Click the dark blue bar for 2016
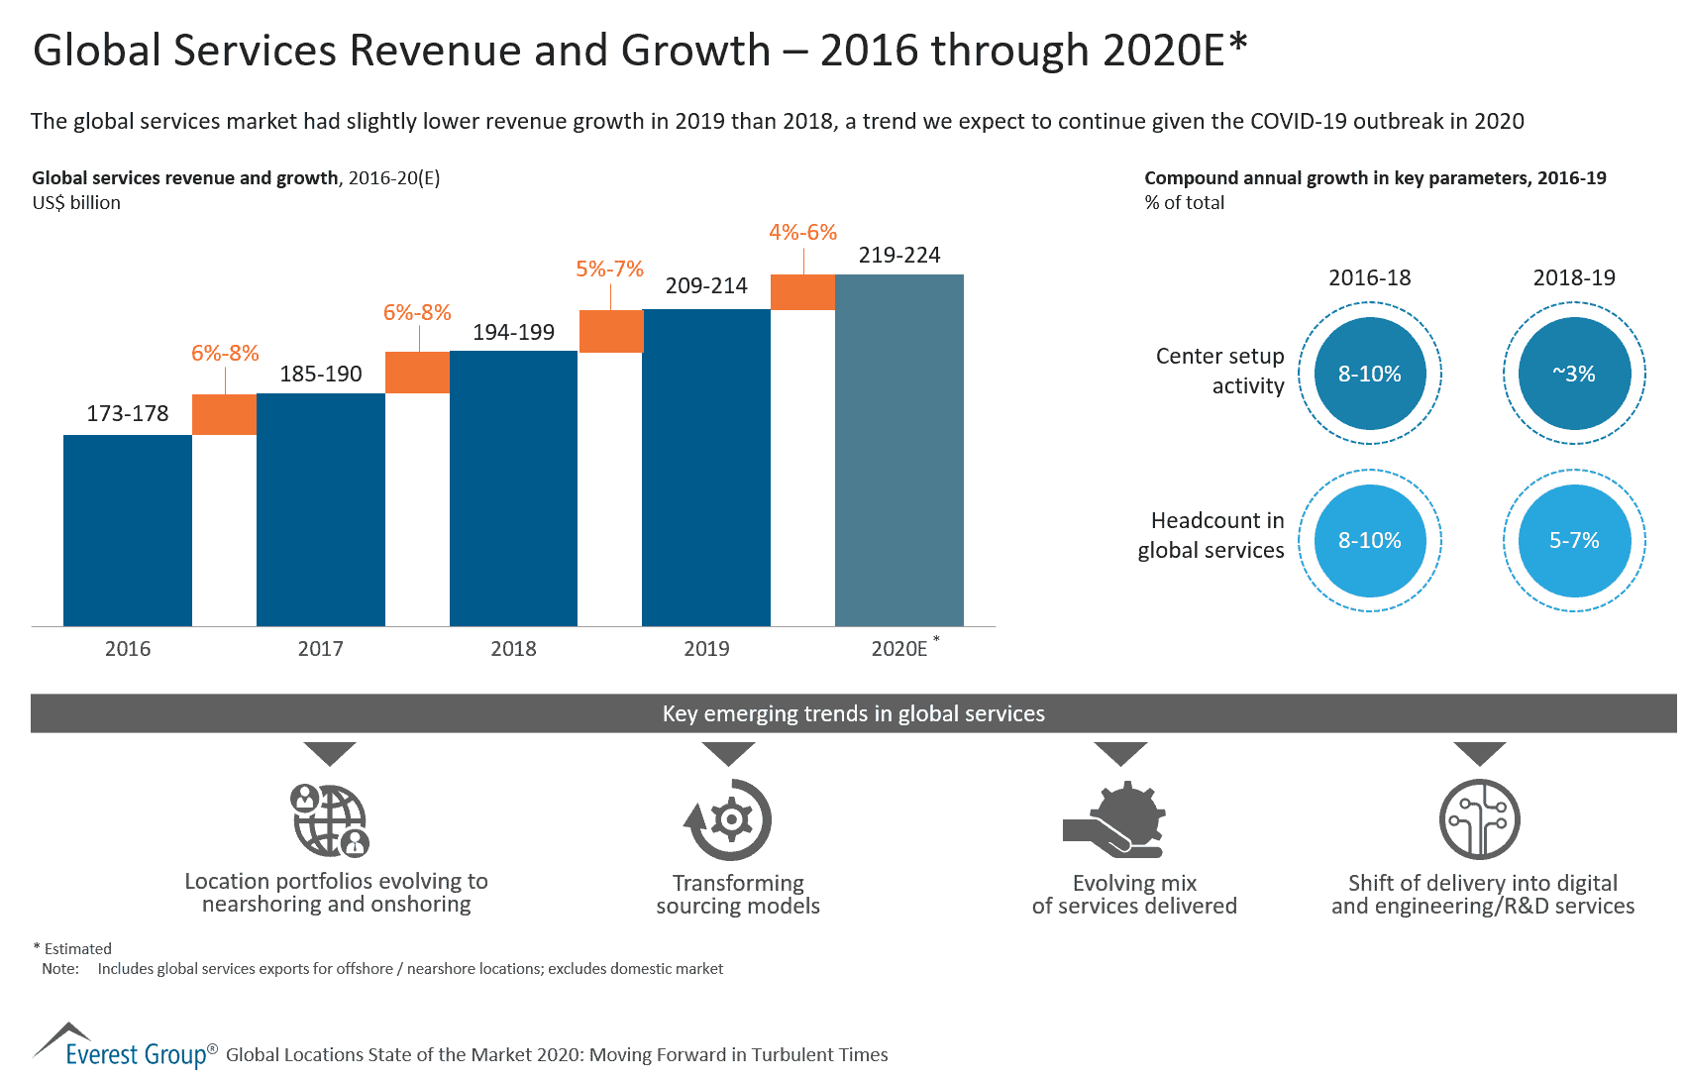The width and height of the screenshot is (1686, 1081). (128, 530)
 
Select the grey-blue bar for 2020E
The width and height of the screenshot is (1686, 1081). (898, 451)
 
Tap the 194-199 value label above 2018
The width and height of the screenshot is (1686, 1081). (513, 332)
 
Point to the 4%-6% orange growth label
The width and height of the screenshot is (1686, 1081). (802, 232)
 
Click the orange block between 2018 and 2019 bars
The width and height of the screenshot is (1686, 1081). (610, 331)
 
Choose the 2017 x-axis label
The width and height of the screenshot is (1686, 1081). (320, 649)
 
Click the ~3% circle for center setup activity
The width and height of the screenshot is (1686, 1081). (1573, 374)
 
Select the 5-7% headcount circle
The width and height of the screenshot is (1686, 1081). (1573, 540)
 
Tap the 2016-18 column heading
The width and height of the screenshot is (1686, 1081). (1369, 277)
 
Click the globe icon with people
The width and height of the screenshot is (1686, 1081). (330, 820)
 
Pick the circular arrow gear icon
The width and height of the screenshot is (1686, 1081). (728, 820)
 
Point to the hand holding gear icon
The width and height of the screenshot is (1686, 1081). (1116, 820)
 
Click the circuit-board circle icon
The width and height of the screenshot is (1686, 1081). (1479, 820)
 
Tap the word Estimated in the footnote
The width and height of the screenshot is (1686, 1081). (77, 948)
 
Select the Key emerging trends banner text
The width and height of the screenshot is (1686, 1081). (853, 713)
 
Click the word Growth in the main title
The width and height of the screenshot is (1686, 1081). (695, 51)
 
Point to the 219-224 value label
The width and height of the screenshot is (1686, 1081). (898, 255)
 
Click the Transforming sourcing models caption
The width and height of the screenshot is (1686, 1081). (738, 894)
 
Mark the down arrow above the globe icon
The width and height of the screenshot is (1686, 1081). (330, 752)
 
